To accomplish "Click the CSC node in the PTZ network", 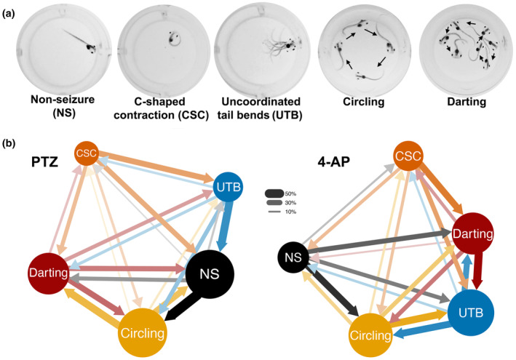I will (x=86, y=154).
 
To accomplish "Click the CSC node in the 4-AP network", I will (x=408, y=156).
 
